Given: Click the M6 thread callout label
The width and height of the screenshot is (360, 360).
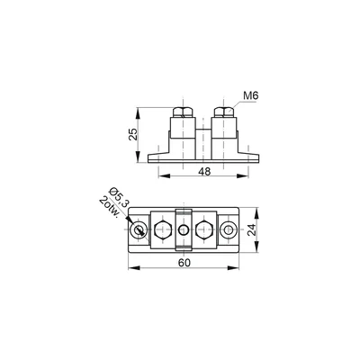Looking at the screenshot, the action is click(x=251, y=96).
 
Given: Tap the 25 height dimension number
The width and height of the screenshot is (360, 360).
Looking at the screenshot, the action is click(x=133, y=134).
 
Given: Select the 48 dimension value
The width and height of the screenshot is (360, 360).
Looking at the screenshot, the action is click(x=204, y=172).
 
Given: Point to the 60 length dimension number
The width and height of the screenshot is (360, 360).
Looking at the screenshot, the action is click(x=184, y=263).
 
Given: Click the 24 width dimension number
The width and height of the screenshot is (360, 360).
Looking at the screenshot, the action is click(x=253, y=229).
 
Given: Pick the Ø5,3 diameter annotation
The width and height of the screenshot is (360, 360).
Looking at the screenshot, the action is click(x=118, y=197).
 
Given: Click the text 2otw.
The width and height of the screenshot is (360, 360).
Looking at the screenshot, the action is click(x=110, y=207).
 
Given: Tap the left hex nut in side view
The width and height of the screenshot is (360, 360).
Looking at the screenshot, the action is click(x=183, y=112).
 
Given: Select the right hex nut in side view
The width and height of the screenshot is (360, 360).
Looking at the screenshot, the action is click(x=224, y=112).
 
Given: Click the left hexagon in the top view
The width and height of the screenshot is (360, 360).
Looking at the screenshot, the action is click(x=163, y=230).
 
